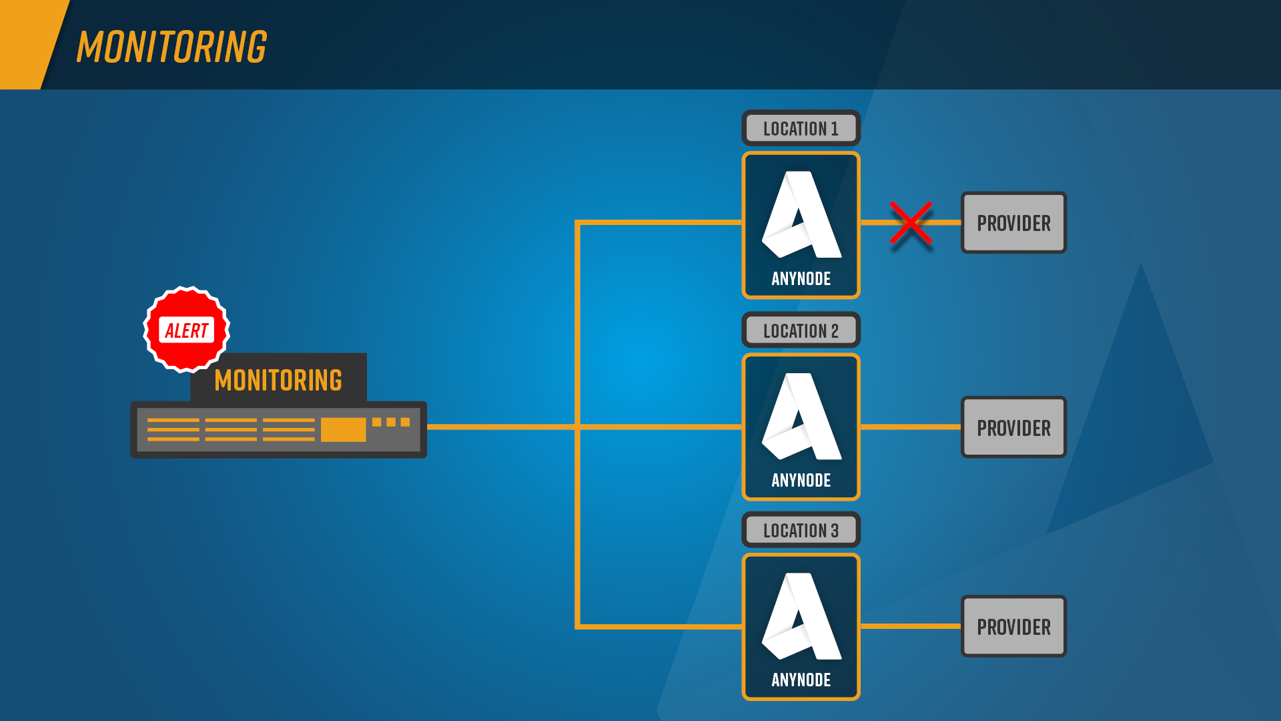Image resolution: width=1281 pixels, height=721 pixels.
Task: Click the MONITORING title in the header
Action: [171, 47]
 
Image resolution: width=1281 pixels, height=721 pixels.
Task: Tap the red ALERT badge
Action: [187, 330]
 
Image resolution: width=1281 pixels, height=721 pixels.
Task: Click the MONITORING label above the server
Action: [278, 380]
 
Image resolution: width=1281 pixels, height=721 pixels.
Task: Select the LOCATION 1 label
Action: [801, 128]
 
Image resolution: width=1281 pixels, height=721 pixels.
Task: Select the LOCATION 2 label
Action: [801, 330]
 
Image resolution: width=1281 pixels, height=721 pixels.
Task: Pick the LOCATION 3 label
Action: [801, 530]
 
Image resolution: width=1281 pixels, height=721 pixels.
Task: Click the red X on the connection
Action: [911, 223]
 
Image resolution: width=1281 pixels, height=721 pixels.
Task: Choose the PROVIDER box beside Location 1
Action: [1013, 223]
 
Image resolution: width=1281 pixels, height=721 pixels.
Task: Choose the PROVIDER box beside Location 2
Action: [1013, 427]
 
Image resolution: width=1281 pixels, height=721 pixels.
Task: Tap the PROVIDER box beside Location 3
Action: [1013, 626]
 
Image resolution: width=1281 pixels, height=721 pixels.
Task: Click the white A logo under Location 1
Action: [801, 215]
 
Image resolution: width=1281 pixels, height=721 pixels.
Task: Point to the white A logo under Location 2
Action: [801, 417]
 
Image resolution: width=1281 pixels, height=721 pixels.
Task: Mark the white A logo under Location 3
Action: [801, 616]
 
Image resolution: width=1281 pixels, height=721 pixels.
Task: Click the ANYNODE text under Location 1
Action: [801, 278]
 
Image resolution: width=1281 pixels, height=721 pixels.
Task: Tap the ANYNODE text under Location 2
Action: [801, 480]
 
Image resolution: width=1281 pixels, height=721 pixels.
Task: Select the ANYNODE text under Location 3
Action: [801, 680]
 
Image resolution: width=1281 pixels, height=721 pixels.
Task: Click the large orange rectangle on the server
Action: [343, 429]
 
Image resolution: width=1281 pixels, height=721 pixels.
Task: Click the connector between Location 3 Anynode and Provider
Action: [911, 626]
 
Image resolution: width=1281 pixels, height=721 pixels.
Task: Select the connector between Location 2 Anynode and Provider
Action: [911, 427]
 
